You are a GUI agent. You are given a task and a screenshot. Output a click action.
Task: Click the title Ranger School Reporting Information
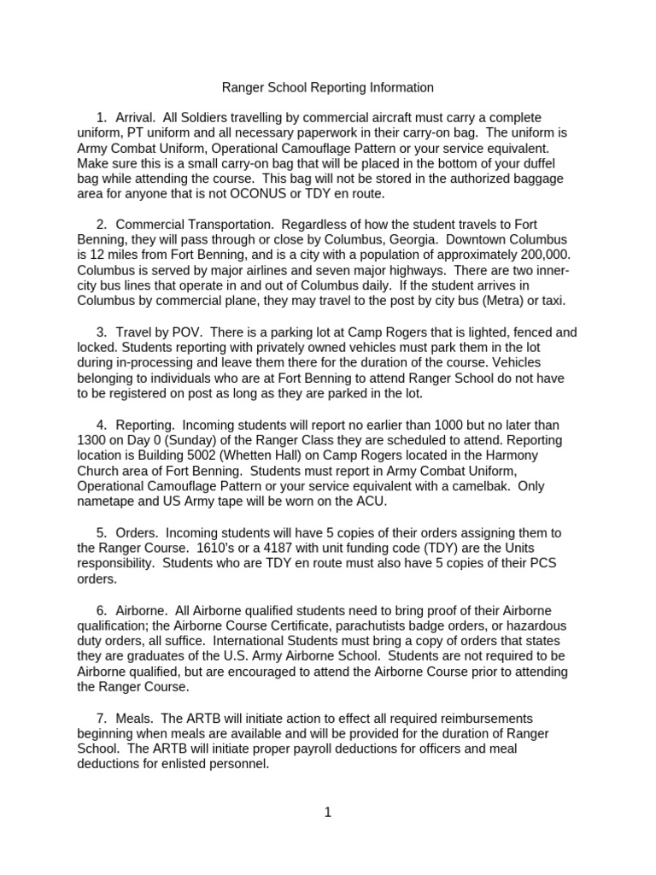pos(328,87)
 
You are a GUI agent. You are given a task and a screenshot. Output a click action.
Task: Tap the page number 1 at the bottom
pos(328,813)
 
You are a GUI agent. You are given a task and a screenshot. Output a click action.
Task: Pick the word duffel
pos(552,163)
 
